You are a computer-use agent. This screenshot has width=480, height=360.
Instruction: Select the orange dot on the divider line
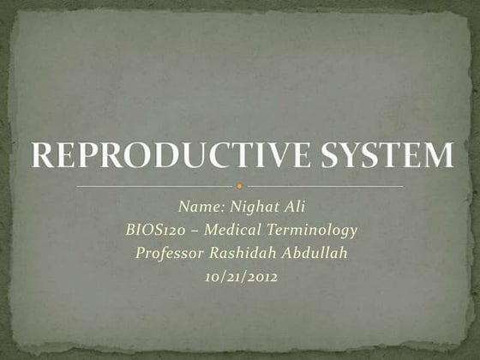[240, 185]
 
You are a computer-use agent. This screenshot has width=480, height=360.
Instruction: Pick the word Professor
[167, 253]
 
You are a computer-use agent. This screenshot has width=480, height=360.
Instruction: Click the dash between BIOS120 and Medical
[199, 231]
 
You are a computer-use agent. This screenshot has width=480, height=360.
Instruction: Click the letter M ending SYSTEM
[437, 157]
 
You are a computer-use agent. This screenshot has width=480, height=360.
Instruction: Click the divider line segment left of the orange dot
[154, 185]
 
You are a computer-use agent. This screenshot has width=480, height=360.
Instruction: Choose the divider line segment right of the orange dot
[326, 185]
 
